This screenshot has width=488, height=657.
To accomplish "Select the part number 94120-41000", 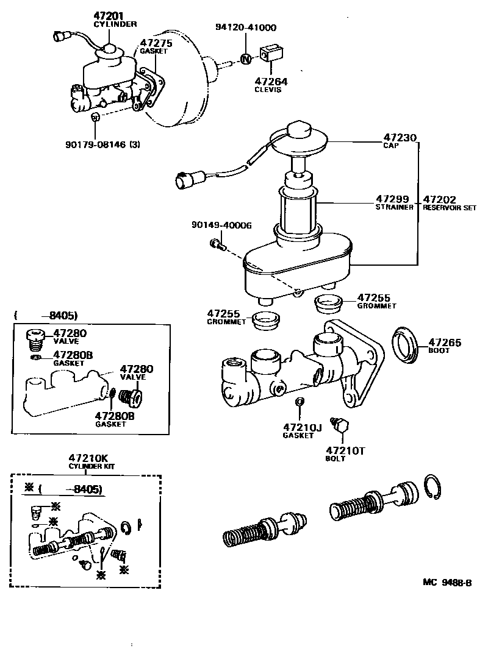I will click(245, 27).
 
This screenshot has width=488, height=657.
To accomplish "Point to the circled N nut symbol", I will click(245, 59).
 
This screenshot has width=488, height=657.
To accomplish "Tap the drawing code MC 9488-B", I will click(447, 582).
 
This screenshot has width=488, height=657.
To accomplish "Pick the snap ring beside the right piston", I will click(437, 488).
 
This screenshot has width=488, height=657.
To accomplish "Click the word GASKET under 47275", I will click(153, 52).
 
